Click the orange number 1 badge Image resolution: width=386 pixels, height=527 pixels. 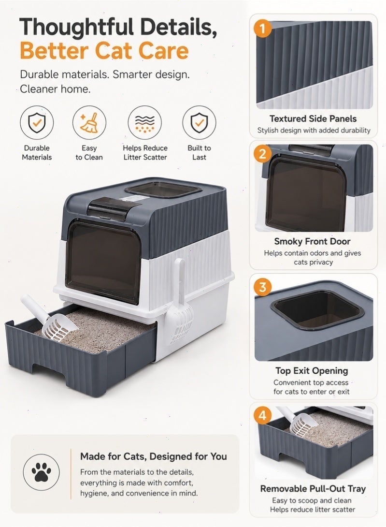point(262,28)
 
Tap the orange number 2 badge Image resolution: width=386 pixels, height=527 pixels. point(262,154)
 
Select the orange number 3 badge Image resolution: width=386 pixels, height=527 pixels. point(262,287)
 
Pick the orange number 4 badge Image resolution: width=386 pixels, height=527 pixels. point(262,415)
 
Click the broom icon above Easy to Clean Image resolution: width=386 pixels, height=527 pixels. point(89,123)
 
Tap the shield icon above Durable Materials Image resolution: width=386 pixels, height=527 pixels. point(37,123)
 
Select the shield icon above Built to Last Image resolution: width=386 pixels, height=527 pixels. point(199,123)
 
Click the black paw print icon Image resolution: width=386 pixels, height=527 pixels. point(42,472)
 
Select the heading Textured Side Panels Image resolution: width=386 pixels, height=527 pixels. point(313,118)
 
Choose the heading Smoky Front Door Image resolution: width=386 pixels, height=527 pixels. point(312,241)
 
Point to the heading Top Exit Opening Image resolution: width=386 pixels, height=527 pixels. point(312,371)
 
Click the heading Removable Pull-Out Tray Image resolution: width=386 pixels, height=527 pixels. point(313,489)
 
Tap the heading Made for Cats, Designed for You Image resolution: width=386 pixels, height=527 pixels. point(154,456)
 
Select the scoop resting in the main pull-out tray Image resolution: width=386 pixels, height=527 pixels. point(50,319)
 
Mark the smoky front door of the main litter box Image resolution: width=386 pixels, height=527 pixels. point(103,261)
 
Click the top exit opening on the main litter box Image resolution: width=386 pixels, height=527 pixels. point(163,190)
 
